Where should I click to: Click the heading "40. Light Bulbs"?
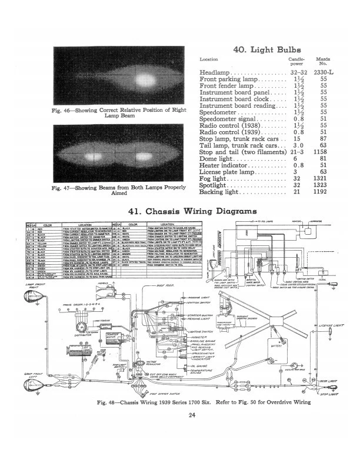275,51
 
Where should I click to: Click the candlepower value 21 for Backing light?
297,192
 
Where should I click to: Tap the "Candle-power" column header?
296,61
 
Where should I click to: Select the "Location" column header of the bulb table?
209,60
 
